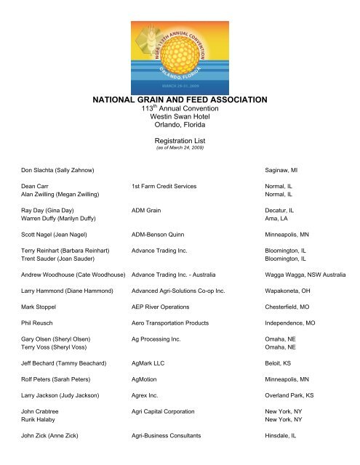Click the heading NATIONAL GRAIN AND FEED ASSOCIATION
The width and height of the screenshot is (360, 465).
[x=179, y=99]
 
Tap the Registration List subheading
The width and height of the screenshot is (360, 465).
[x=179, y=143]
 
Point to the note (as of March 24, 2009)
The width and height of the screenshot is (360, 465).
[x=179, y=151]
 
